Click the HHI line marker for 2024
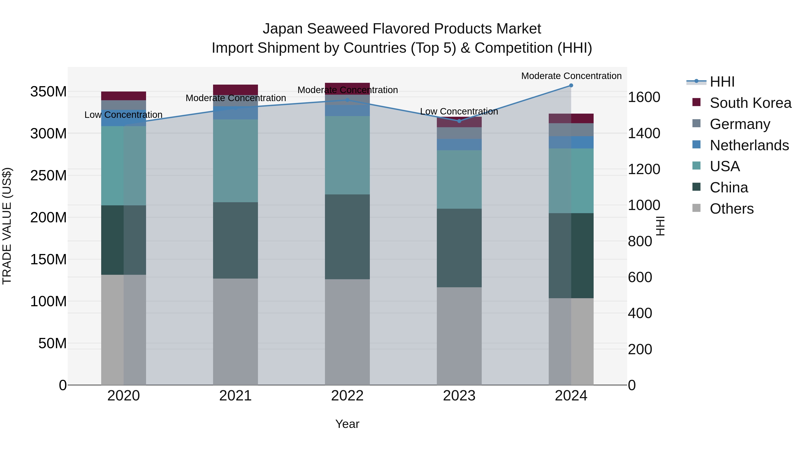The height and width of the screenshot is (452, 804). (571, 85)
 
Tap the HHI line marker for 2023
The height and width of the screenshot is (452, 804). (459, 121)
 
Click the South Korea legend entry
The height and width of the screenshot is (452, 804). (750, 103)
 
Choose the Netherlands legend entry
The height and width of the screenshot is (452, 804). (749, 145)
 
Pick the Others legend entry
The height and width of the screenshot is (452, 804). (732, 209)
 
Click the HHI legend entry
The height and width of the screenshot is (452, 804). (722, 82)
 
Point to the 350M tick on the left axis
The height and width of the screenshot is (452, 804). (48, 92)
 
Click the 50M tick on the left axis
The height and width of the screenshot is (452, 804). (52, 344)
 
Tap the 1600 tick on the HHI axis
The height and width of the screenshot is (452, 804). (644, 97)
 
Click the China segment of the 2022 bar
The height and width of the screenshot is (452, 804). (347, 237)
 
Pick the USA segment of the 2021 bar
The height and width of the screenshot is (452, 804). (235, 161)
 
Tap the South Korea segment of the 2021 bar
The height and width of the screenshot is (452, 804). (235, 90)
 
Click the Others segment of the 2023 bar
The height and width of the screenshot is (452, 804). (459, 336)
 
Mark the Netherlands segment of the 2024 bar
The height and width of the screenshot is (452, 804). (571, 142)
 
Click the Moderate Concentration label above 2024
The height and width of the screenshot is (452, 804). (571, 76)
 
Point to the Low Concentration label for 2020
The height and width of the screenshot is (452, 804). (123, 115)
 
